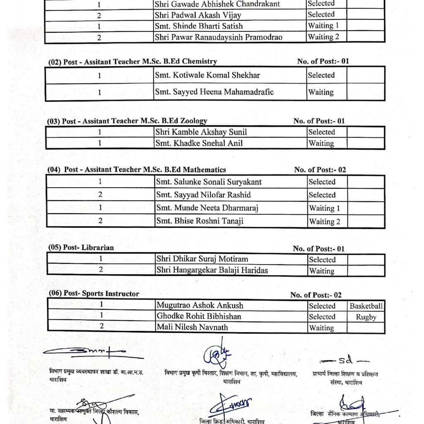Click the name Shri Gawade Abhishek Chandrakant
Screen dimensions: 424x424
(x=217, y=4)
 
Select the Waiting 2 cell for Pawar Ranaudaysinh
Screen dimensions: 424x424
(x=323, y=37)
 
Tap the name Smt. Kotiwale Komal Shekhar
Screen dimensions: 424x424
(x=213, y=75)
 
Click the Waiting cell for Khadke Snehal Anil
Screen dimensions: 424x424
(x=321, y=143)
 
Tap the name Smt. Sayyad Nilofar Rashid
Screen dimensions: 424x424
(x=203, y=195)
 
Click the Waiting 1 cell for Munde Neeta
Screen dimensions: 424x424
(x=324, y=208)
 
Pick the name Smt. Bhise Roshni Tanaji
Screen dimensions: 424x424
(x=200, y=221)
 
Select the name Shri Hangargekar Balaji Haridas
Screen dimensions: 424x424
(x=212, y=270)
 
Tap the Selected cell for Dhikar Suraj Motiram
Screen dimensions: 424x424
(x=322, y=260)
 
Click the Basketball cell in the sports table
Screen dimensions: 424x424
(x=366, y=306)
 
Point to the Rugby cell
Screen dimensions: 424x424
(x=366, y=317)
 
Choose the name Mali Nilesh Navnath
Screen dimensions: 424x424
(x=192, y=327)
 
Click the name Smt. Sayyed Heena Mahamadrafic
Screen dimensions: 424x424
(x=214, y=92)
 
